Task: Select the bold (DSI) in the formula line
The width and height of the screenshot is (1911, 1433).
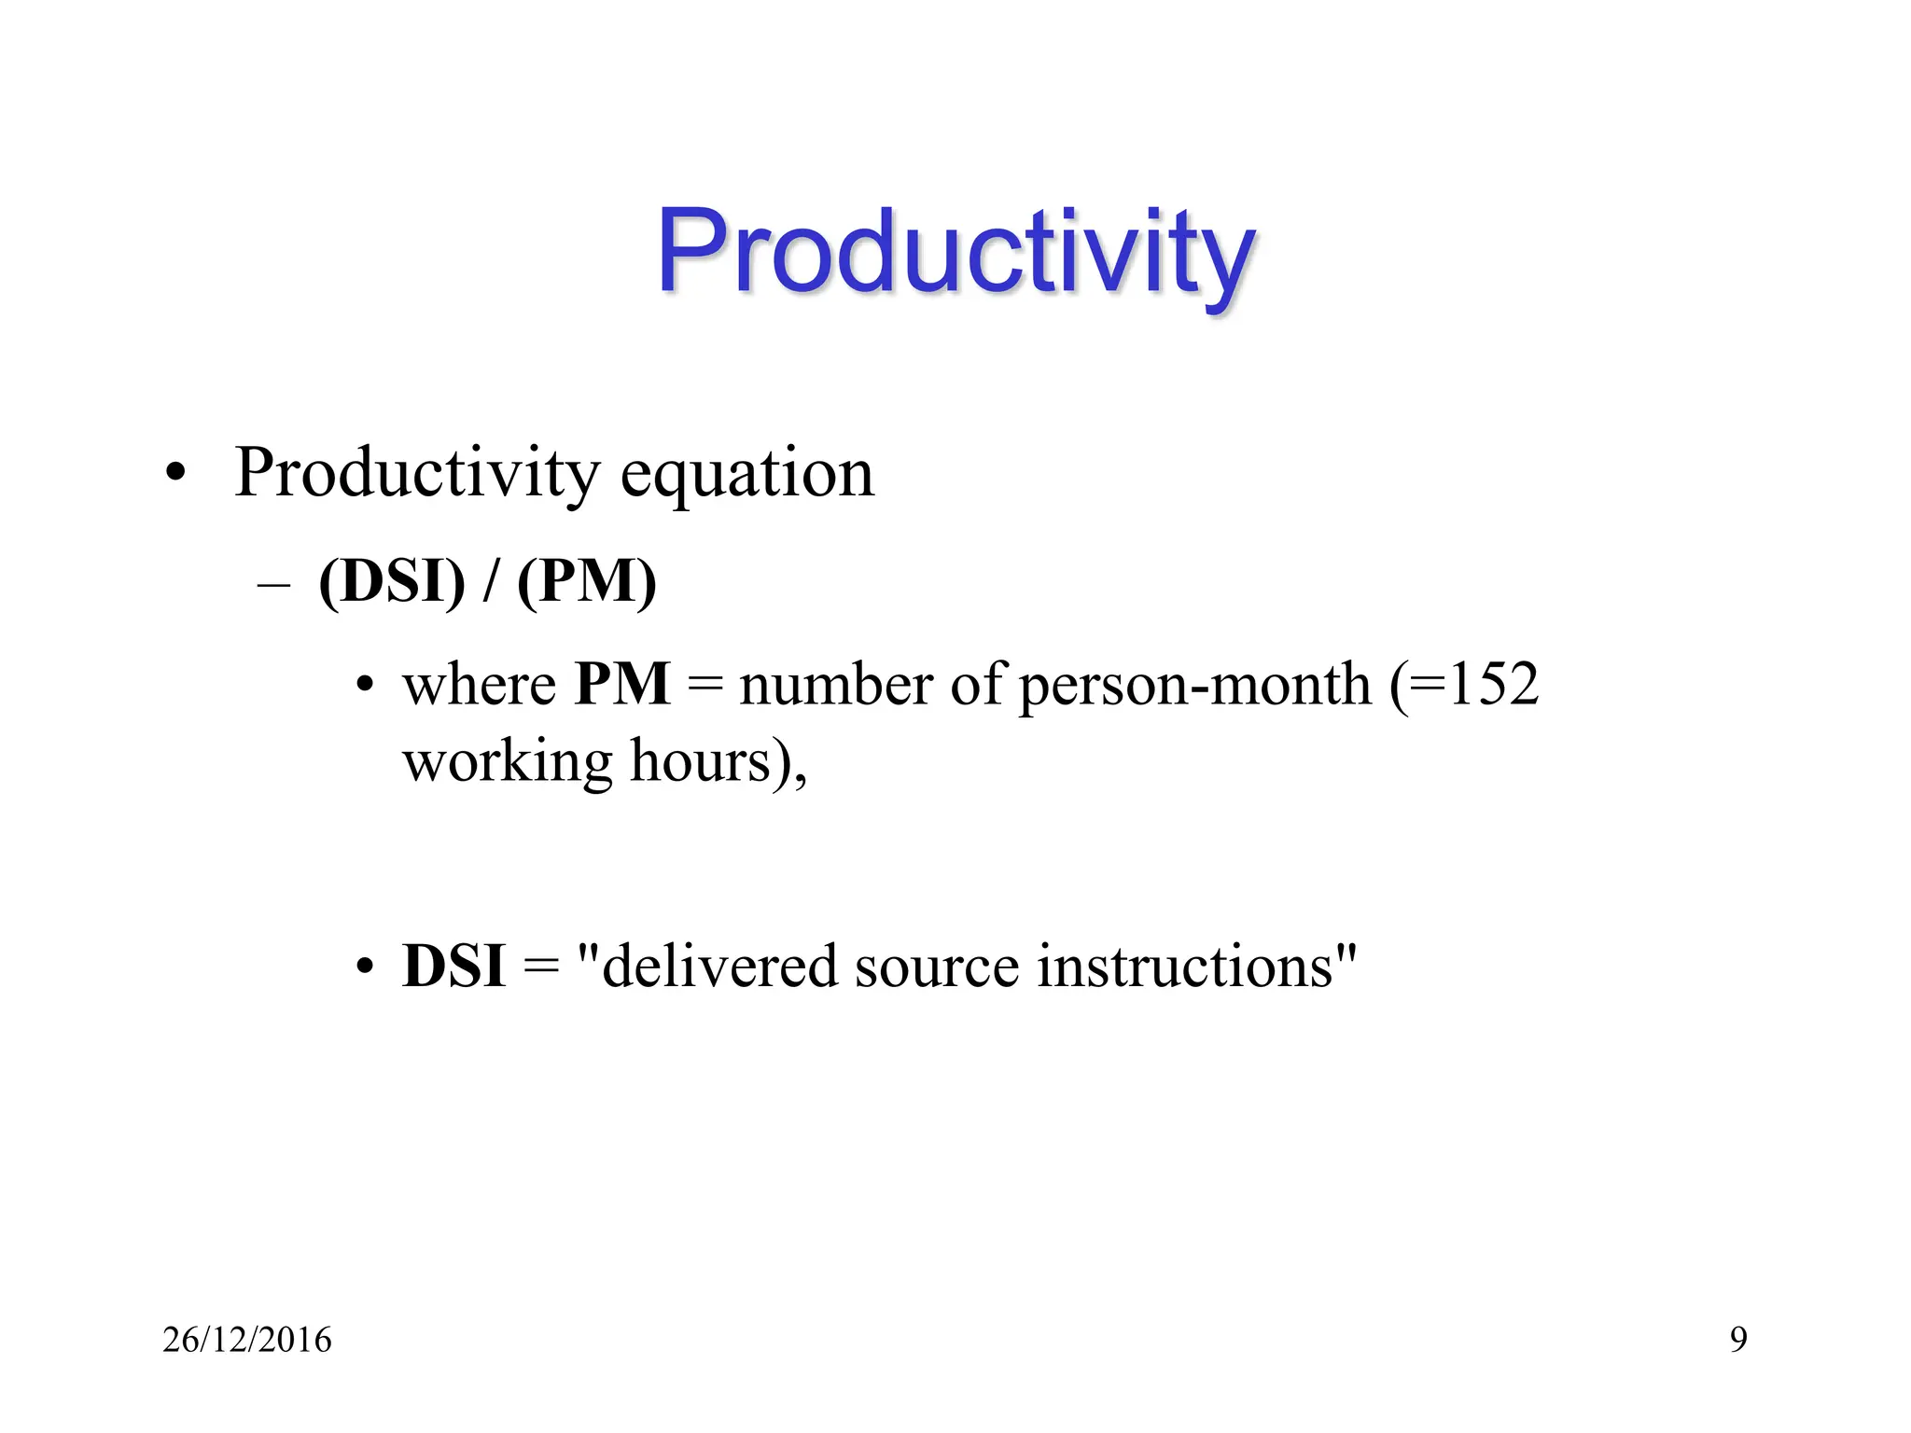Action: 391,581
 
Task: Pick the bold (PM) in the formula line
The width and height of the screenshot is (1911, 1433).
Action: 587,581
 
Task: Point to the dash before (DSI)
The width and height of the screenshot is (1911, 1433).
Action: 273,585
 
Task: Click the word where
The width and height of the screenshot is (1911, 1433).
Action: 479,685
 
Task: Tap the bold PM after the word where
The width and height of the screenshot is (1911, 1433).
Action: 622,685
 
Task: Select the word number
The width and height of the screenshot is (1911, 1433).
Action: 835,685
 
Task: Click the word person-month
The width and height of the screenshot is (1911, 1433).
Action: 1195,685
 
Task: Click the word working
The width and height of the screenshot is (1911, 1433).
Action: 507,762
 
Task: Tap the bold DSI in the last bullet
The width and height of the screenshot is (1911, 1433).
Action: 453,967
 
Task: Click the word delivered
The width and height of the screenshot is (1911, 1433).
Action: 718,967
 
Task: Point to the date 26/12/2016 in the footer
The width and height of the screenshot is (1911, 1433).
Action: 247,1340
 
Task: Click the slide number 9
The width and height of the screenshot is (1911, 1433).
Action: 1738,1340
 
